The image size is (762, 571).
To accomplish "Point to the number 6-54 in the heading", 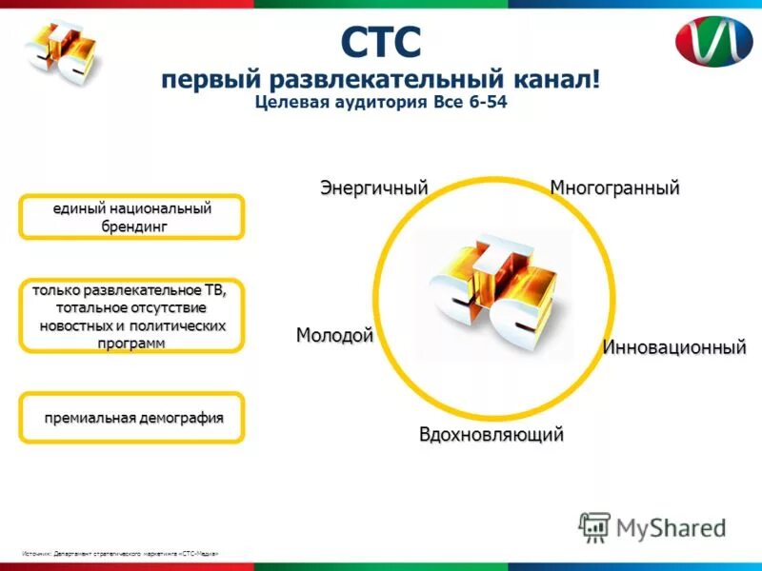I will pos(484,103).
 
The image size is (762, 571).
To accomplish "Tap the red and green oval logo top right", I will pos(713,41).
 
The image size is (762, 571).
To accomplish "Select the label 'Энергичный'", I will pos(372,187).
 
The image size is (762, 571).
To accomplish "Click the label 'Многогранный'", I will pos(614,187).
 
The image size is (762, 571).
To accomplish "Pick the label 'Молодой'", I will pos(334,335).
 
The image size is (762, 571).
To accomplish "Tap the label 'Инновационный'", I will pos(673,347).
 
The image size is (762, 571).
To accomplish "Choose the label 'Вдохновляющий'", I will pos(491,435).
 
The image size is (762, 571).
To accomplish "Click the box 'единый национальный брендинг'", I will pos(132,217).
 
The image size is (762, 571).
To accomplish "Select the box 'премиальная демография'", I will pos(132,418).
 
